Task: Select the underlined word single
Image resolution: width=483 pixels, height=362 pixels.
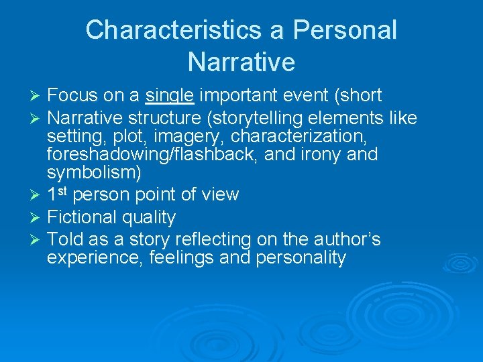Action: click(x=170, y=96)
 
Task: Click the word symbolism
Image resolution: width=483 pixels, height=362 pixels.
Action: click(x=91, y=172)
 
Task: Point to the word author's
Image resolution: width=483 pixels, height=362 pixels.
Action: click(x=342, y=239)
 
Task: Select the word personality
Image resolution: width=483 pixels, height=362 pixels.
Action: click(x=301, y=257)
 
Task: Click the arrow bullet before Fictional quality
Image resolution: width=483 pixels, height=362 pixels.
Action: click(x=37, y=218)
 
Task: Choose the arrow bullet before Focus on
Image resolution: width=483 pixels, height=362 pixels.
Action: click(x=37, y=97)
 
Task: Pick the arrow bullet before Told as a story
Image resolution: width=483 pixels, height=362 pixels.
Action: click(x=37, y=240)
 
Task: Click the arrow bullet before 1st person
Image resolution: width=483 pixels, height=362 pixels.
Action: click(x=37, y=196)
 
